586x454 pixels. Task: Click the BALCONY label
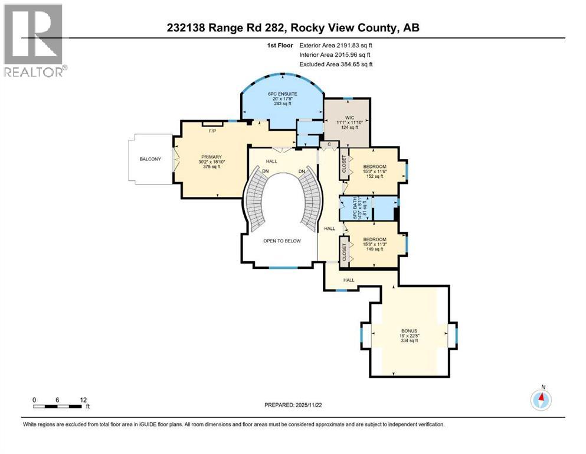pos(150,159)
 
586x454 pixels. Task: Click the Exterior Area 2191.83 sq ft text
pos(336,45)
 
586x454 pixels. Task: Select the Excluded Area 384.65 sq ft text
pos(336,64)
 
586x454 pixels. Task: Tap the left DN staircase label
pos(266,171)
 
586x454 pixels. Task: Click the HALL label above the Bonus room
pos(349,280)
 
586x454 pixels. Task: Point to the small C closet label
pos(328,144)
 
